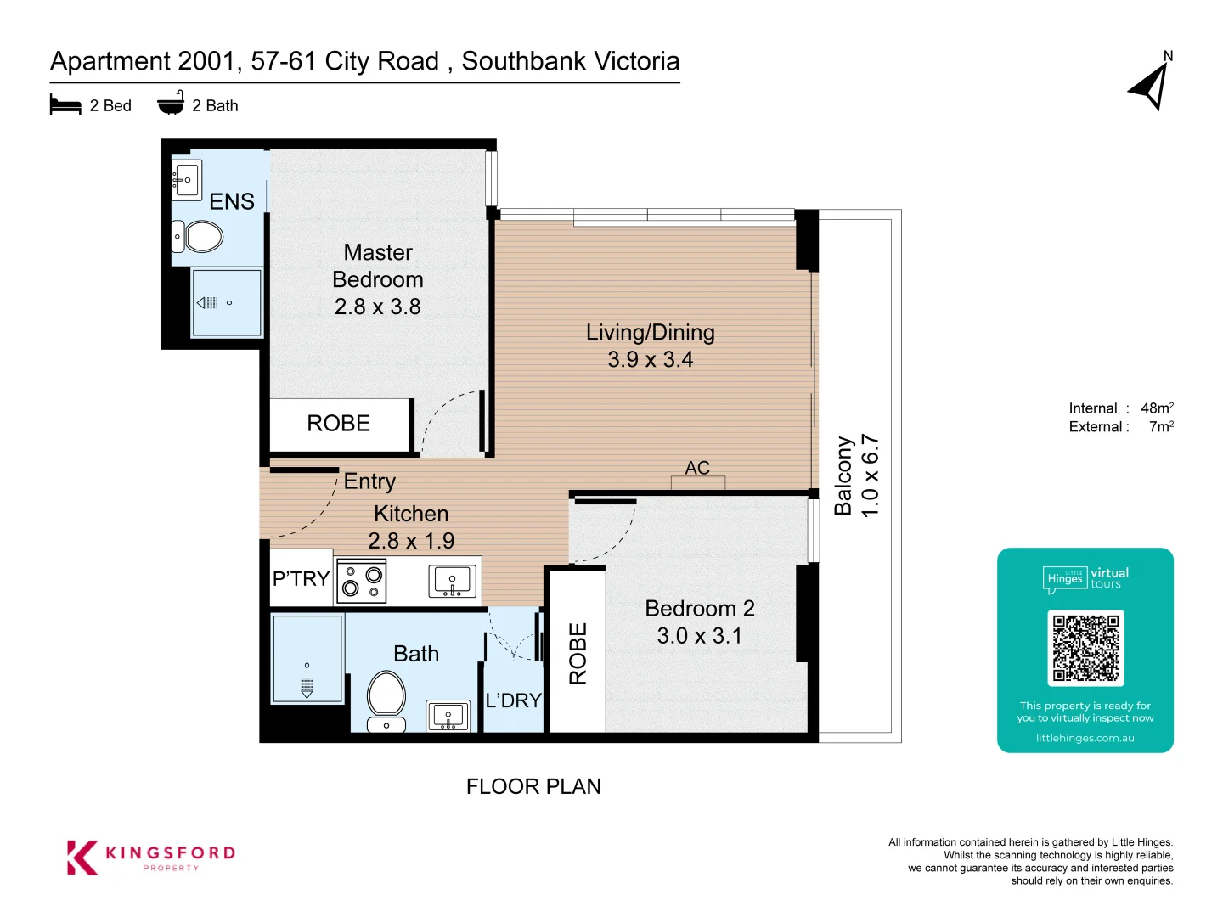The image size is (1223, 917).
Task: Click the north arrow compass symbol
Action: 1150,87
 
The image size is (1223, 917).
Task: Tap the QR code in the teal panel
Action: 1085,648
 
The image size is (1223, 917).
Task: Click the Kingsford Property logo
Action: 151,857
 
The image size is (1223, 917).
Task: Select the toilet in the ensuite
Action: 197,236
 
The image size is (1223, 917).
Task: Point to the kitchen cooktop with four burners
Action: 362,581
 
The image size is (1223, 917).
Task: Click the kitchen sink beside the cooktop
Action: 452,581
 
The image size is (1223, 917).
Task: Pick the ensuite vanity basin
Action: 186,180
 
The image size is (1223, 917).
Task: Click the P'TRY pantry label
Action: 301,578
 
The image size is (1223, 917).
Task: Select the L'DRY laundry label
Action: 513,700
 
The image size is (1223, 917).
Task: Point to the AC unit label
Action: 697,468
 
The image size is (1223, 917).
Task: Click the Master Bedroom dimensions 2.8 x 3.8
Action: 378,307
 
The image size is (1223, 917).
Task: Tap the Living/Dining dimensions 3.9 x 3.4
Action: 651,360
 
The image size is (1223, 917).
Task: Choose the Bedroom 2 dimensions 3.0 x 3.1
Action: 699,635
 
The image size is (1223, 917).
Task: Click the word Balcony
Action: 843,475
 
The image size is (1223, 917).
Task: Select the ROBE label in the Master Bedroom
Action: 338,423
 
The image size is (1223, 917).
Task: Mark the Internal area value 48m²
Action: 1157,408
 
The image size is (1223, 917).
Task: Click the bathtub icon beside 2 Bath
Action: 171,102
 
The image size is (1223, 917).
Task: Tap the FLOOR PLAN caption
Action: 533,786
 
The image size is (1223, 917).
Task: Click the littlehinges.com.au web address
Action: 1085,739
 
